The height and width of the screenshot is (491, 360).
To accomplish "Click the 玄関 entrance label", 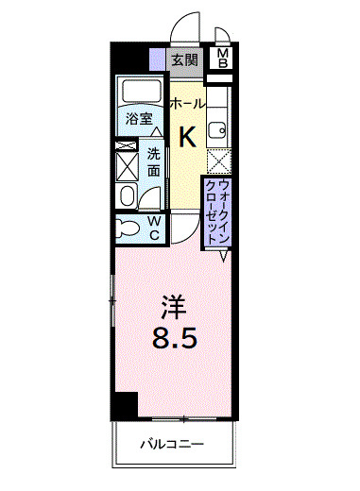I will point(183,59).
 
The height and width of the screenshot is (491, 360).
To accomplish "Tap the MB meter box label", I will point(223,59).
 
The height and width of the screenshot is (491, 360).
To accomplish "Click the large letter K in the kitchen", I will point(187,137).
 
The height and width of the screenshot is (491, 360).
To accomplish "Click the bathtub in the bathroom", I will point(142,93).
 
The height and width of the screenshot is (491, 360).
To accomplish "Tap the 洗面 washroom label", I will point(154,161).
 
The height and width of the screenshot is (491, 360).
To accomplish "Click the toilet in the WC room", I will point(126,227).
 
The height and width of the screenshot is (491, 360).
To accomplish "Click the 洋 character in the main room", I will point(171,306).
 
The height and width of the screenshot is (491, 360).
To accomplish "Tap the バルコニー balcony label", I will point(173,443).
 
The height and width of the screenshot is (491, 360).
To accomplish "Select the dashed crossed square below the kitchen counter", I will point(218,161).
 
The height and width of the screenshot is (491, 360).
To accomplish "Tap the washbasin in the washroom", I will point(127,195).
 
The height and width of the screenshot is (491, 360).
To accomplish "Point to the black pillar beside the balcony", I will point(123,406).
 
